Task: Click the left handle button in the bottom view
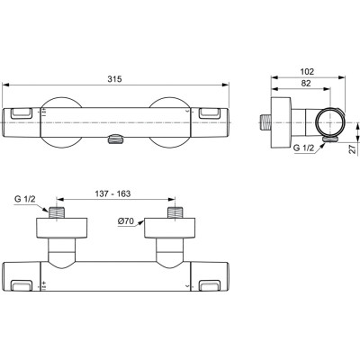click(x=24, y=286)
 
